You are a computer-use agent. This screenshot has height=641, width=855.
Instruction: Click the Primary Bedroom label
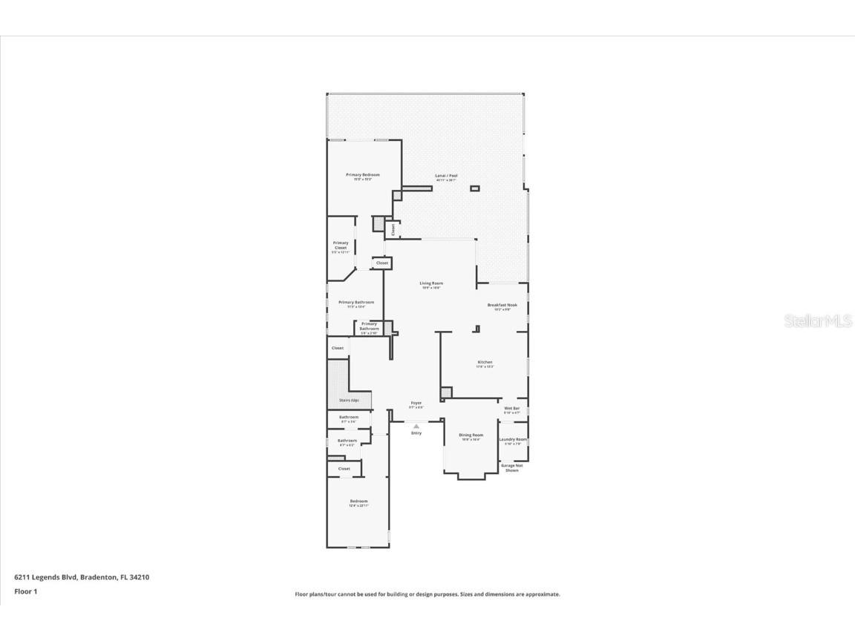pos(363,175)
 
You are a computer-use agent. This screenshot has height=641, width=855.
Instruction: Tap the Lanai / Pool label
pos(446,176)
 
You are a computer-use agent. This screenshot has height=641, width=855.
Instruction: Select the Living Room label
pos(431,283)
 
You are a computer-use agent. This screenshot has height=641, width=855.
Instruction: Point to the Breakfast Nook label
pos(502,305)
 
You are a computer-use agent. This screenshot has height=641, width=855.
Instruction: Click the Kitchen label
pos(485,363)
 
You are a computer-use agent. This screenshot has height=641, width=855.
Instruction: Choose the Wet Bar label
pos(512,409)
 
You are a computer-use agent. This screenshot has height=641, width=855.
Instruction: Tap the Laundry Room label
pos(513,440)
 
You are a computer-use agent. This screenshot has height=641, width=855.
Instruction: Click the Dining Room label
pos(471,435)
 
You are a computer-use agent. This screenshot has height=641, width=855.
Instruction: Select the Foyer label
pos(416,404)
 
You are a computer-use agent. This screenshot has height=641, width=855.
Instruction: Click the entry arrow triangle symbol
pos(416,426)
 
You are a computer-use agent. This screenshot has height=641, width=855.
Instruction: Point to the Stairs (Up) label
pos(349,401)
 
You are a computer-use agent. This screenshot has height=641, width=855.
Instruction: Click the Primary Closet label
pos(341,246)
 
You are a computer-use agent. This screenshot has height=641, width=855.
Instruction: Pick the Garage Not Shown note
pos(512,468)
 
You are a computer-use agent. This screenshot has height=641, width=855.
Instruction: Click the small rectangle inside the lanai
pos(475,188)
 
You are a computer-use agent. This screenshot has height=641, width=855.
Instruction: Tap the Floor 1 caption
pos(25,591)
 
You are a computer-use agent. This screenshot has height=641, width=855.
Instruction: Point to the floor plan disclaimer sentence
pos(427,594)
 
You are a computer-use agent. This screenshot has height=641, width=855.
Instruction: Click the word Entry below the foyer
pos(416,433)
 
